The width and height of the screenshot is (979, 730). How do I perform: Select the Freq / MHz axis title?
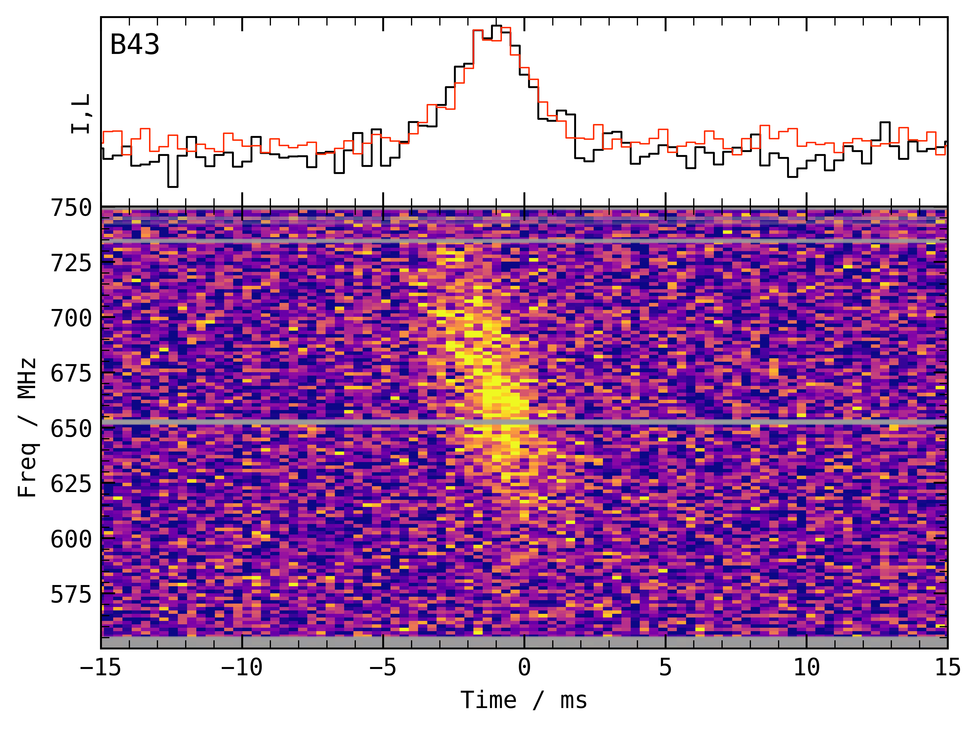point(27,428)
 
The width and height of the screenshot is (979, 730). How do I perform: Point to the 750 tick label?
point(71,208)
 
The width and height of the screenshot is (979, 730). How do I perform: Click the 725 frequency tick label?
point(71,263)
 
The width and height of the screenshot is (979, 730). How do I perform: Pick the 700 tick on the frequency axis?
point(71,318)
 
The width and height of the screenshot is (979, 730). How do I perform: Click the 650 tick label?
point(71,429)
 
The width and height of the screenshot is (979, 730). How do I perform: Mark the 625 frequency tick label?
point(71,484)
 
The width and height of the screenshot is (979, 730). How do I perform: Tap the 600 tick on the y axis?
point(71,539)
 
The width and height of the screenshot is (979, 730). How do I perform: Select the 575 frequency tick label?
point(71,594)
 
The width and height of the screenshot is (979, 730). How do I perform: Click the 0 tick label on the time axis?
point(524,667)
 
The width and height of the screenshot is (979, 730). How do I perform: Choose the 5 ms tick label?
point(666,667)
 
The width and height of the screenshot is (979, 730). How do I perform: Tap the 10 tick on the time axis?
point(806,667)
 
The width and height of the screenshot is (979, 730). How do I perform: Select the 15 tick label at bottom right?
point(948,667)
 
